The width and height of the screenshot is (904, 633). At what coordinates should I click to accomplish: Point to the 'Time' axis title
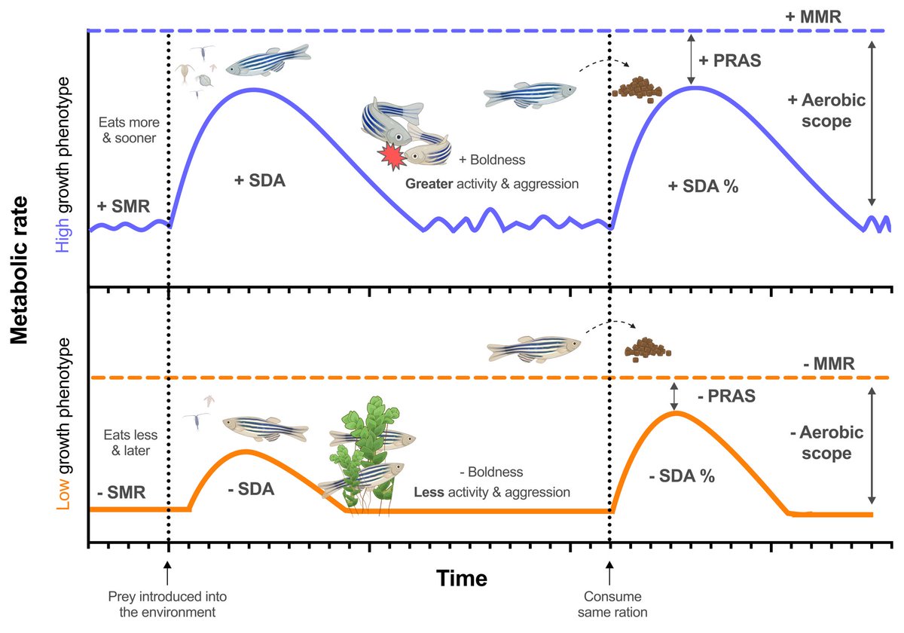pos(462,579)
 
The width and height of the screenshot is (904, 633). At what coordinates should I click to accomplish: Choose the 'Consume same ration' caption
pos(612,603)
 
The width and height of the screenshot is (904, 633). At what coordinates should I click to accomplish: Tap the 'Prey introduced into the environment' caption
pos(167,603)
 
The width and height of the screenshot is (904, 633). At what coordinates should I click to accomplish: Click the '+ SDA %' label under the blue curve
pos(703,188)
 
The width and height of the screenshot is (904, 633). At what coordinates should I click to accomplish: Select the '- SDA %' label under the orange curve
pos(682,476)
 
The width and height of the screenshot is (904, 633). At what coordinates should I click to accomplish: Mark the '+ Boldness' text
pos(491,160)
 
